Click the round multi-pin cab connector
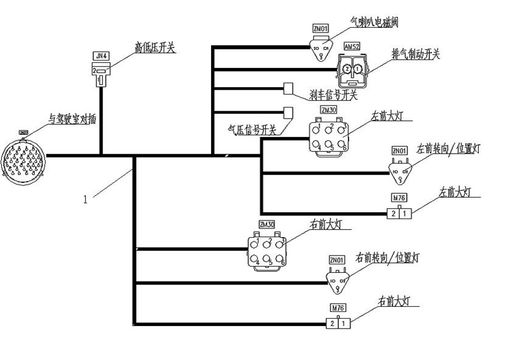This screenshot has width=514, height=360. tap(23, 160)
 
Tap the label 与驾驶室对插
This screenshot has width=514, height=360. tap(72, 120)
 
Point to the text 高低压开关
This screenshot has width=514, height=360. tap(155, 47)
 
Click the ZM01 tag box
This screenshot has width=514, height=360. tap(320, 28)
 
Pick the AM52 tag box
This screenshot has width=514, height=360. tap(352, 47)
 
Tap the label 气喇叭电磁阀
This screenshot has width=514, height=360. tap(374, 23)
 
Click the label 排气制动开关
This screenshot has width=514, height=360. tap(415, 54)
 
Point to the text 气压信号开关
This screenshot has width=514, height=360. tap(251, 130)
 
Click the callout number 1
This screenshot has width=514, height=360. tap(86, 199)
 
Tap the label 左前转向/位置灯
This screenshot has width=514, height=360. tap(447, 148)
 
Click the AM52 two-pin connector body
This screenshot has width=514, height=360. tap(352, 69)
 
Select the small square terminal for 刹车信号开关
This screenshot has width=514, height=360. tap(288, 88)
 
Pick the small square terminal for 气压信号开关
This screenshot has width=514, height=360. tap(288, 112)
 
